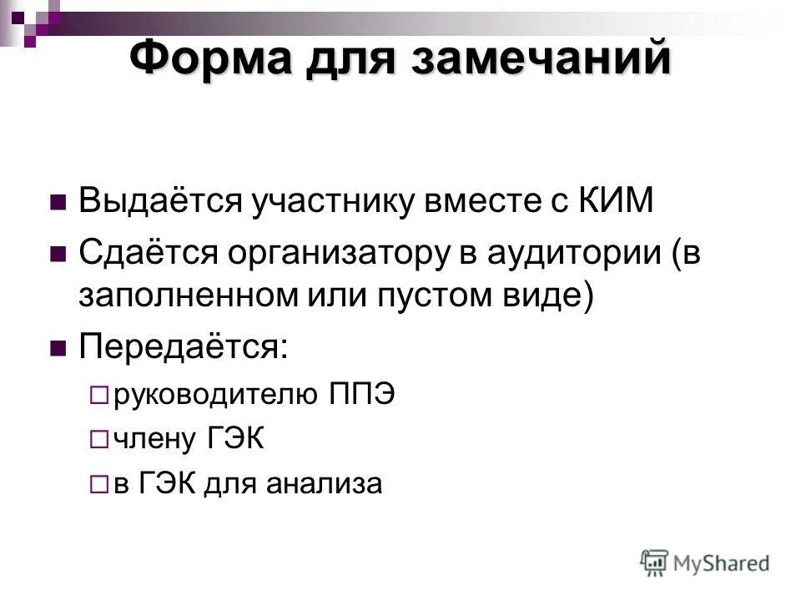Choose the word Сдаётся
[151, 252]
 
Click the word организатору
[344, 252]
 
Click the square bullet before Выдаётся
[58, 203]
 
